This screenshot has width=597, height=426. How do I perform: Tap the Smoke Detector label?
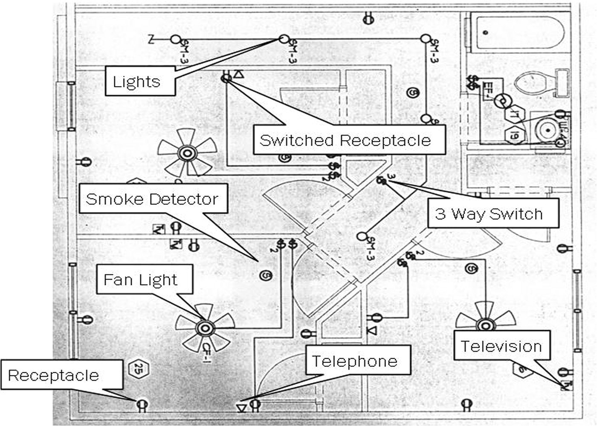pos(153,199)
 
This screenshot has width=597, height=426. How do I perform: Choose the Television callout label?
pos(501,346)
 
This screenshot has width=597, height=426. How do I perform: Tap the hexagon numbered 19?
pos(513,135)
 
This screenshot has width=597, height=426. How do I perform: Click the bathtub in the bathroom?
pos(520,32)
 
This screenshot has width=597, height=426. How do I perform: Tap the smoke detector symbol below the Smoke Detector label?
pos(266,275)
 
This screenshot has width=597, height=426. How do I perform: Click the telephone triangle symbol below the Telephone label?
pos(241,408)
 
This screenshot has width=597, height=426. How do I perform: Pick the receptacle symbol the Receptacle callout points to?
pos(142,405)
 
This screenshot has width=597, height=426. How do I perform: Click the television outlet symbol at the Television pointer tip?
pos(566,386)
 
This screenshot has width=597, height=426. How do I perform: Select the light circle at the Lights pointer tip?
pos(283,39)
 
